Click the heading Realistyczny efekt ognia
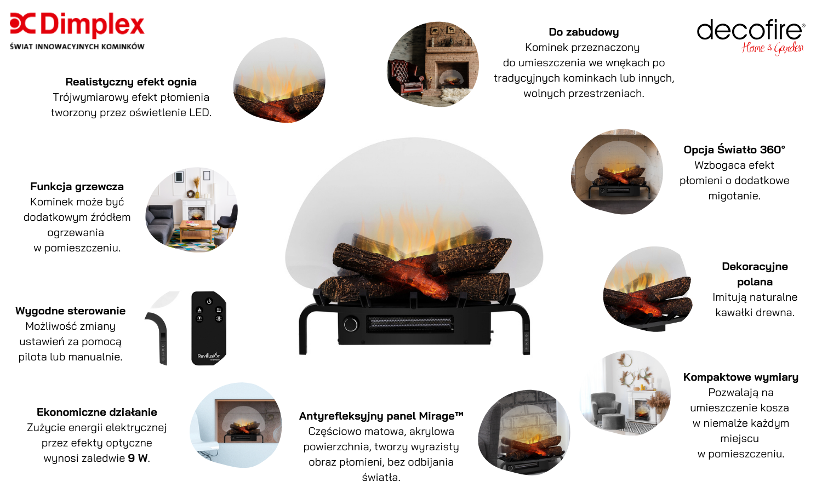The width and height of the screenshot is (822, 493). pos(131,82)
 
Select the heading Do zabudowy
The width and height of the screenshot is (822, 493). pos(584,32)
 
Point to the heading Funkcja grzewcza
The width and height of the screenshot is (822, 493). pos(77,186)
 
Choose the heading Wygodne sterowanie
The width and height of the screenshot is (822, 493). pos(70,311)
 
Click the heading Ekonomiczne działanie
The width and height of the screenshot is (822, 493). pos(96,412)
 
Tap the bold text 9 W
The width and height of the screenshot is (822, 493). pos(138,458)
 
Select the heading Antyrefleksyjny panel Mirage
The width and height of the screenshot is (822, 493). pos(381,416)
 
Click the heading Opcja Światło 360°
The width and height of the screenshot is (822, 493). pos(734,150)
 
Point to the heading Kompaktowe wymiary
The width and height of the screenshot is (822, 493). pos(740,377)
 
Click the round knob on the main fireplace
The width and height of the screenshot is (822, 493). pos(351,324)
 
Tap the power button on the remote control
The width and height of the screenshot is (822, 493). pos(209,301)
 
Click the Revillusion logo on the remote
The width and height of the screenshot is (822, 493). pos(209,356)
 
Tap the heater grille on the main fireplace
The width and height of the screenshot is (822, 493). pos(410,324)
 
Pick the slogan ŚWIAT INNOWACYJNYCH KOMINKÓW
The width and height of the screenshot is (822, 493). pos(77,47)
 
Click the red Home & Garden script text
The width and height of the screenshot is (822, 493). pos(773,48)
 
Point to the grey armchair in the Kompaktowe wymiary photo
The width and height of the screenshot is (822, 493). pos(604,406)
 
